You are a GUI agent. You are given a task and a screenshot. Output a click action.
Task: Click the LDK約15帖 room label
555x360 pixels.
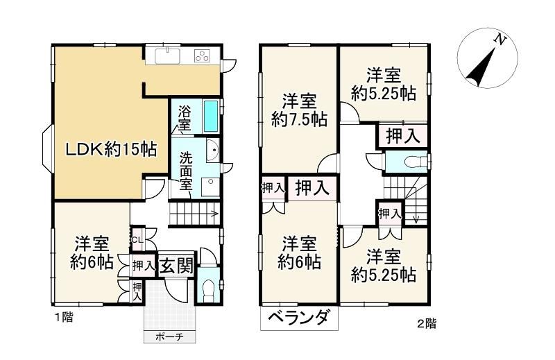[x=112, y=150]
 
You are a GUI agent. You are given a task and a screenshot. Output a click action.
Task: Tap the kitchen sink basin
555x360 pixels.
[x=167, y=56]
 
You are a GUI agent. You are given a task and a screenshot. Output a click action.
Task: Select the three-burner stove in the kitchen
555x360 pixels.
[x=202, y=56]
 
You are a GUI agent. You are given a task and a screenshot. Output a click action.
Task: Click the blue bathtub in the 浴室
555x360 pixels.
[x=211, y=116]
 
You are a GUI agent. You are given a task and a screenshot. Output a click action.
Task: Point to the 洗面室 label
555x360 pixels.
[x=185, y=171]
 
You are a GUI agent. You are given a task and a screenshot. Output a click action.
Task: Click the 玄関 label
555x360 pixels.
[x=176, y=265]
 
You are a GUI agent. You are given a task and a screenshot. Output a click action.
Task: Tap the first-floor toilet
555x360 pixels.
[x=209, y=286]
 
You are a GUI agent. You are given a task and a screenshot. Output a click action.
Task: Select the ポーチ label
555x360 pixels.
[x=169, y=337]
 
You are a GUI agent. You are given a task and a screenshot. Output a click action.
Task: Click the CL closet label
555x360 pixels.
[x=137, y=239]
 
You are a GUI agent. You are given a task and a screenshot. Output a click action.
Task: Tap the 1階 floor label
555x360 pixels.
[x=64, y=317]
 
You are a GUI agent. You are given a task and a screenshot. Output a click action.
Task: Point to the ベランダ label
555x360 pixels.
[x=300, y=318]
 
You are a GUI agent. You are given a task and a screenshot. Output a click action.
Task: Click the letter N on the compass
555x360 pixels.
[x=499, y=40]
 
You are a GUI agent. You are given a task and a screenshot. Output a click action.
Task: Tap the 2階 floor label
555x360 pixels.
[x=426, y=323]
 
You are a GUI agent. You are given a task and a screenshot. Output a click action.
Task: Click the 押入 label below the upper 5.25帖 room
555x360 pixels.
[x=403, y=135]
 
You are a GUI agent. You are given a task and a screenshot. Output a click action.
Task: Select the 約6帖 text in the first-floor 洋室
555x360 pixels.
[x=92, y=262]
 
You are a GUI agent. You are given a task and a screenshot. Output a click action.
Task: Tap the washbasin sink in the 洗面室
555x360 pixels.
[x=213, y=149]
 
